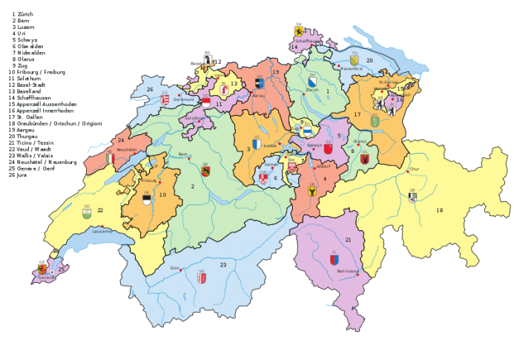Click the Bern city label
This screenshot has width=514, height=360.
[182, 154]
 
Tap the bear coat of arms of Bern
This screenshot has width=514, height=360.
[205, 171]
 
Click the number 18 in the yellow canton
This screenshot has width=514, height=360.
[438, 211]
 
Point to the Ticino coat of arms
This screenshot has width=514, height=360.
[334, 259]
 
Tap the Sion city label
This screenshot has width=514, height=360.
[175, 267]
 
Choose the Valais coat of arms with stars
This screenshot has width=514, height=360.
[200, 278]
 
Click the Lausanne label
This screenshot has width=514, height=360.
[102, 231]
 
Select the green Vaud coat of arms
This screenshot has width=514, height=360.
[88, 214]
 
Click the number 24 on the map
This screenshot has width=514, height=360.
[120, 140]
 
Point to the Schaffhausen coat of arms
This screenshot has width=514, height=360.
[298, 31]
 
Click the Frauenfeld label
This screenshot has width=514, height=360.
[349, 67]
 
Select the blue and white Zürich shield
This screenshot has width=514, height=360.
[312, 83]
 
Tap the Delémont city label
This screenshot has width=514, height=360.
[185, 97]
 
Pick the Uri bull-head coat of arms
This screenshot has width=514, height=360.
[312, 191]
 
